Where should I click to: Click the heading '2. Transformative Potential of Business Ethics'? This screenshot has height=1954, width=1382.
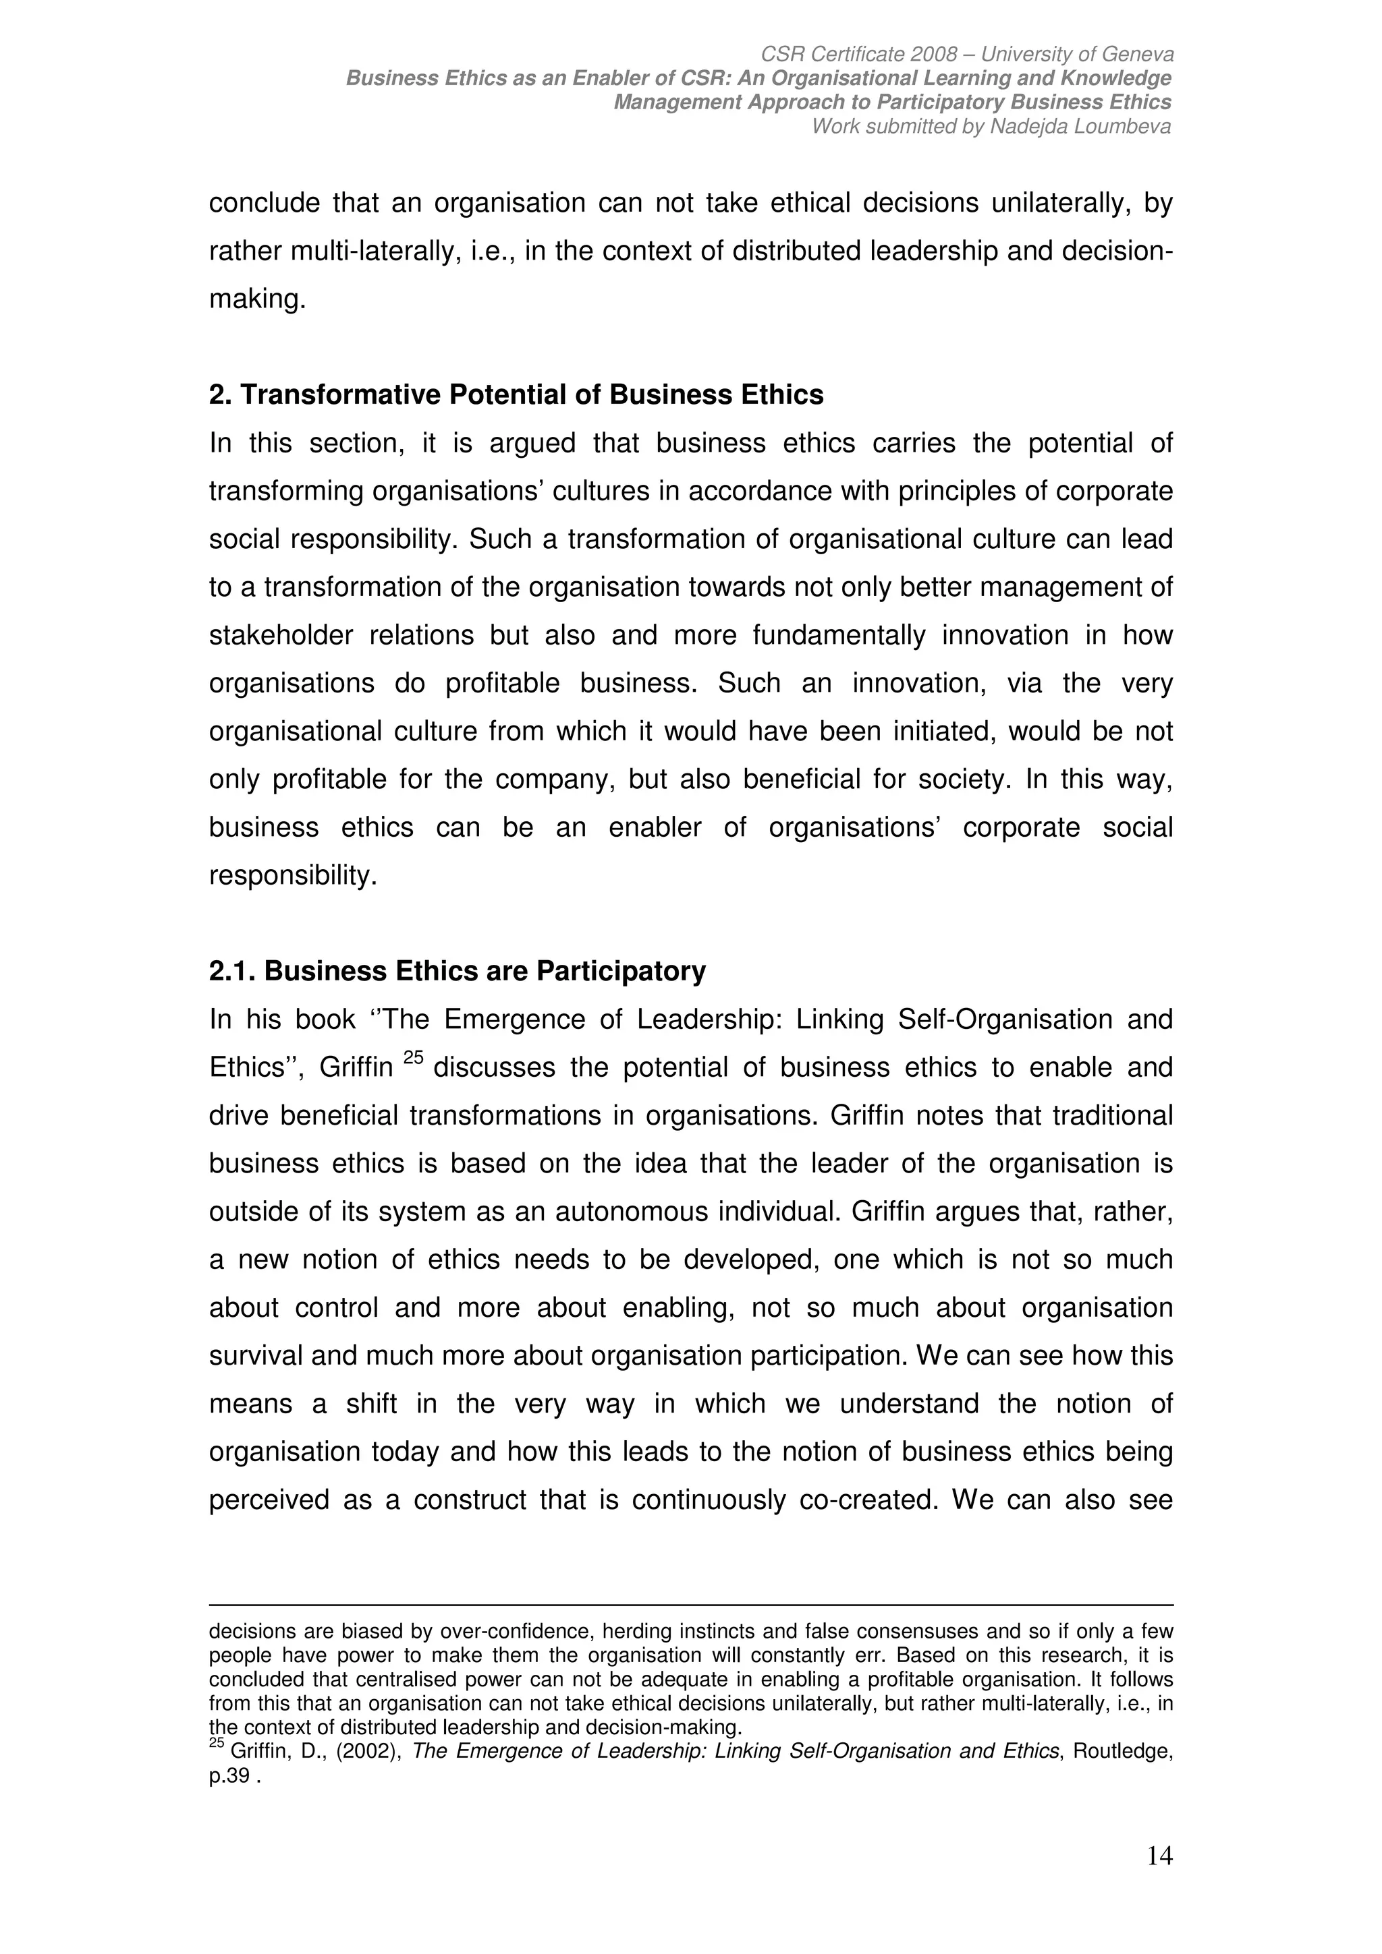[516, 395]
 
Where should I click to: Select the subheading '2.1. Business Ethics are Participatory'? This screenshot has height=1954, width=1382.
[458, 971]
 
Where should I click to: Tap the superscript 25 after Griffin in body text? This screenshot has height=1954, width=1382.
[413, 1058]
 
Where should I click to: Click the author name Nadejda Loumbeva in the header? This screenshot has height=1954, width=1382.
[1080, 127]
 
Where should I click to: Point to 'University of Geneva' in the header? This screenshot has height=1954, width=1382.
[1077, 55]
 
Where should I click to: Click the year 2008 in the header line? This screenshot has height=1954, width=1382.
[933, 55]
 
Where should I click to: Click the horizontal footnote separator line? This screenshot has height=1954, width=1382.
[690, 1605]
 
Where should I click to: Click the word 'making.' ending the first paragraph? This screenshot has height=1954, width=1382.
[257, 299]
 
